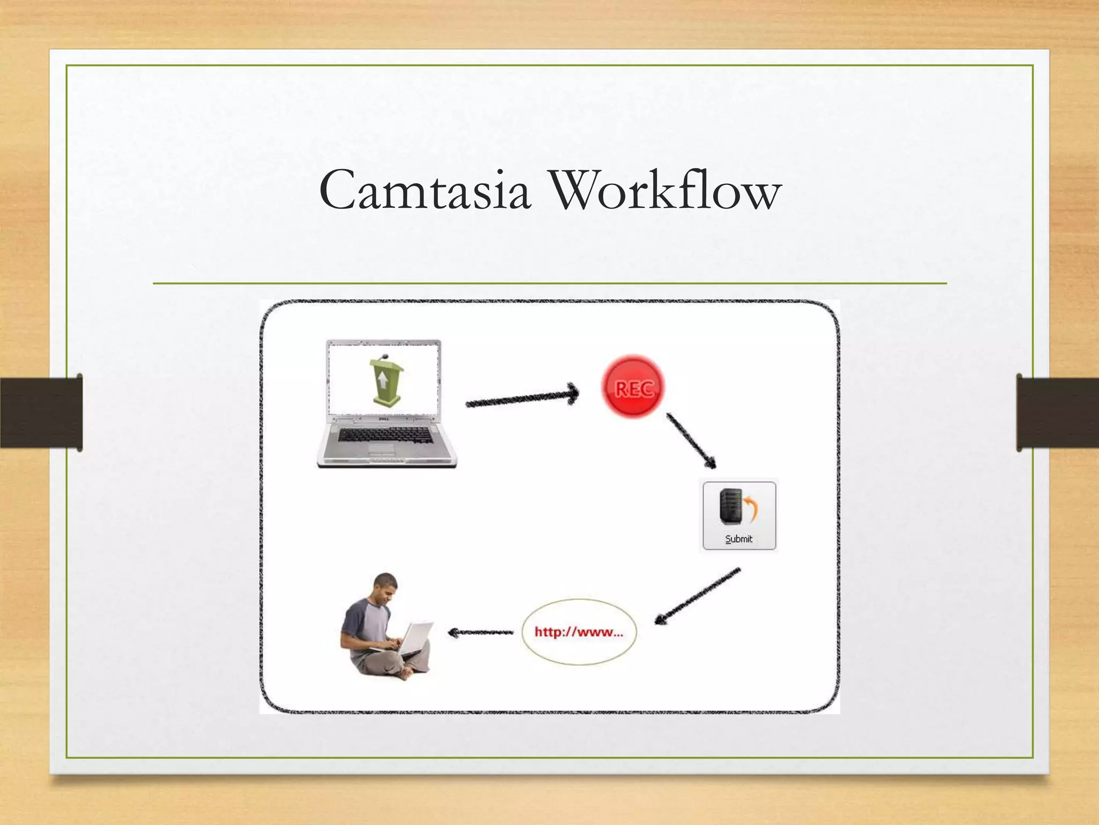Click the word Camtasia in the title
[x=424, y=190]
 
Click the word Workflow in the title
[x=666, y=190]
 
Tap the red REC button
[x=633, y=386]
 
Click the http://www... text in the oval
[x=578, y=632]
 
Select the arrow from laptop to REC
[x=522, y=398]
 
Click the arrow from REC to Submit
[x=691, y=440]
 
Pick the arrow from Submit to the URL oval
[x=697, y=597]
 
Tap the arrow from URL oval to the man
[x=480, y=633]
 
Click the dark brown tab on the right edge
[x=1057, y=412]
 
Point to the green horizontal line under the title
[x=549, y=283]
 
